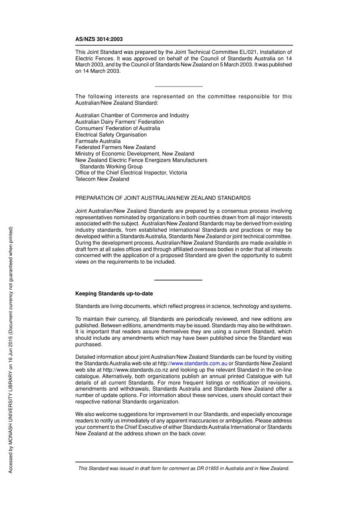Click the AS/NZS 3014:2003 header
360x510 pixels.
tap(99, 39)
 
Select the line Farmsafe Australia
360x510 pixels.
tap(98, 141)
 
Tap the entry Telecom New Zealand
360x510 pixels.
tap(102, 179)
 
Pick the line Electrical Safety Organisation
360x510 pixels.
tap(111, 135)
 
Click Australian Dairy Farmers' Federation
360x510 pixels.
tap(119, 122)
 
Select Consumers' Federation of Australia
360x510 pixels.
tap(117, 128)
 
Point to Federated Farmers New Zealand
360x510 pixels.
tap(115, 147)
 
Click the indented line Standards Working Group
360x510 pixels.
tap(111, 166)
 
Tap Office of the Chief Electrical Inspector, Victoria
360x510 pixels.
tap(131, 173)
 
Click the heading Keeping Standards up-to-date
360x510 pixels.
tap(114, 293)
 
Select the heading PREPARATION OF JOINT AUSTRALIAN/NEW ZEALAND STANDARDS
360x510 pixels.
tap(163, 198)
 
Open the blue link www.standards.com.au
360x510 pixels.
tap(199, 363)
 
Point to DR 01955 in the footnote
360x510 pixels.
tap(207, 468)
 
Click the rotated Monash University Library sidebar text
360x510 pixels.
tap(11, 350)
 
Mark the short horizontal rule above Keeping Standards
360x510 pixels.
tap(178, 280)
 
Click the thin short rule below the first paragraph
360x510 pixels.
tap(178, 86)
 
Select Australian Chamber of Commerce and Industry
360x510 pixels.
tap(132, 115)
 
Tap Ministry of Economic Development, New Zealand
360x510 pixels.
tap(135, 154)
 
